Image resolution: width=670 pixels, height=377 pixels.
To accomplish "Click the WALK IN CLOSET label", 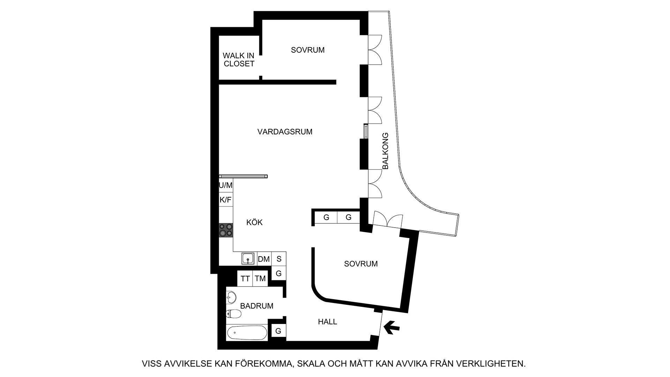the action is click(239, 60).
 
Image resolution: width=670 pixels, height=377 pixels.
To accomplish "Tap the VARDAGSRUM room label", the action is click(285, 132).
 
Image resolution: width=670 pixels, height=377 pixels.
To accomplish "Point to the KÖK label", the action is click(254, 222).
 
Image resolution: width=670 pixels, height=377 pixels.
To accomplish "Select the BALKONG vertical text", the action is click(385, 151).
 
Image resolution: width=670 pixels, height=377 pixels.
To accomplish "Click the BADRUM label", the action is click(257, 306).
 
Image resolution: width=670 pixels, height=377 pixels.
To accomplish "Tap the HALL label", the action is click(327, 321).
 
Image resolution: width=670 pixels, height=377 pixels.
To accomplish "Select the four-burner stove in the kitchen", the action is click(226, 230).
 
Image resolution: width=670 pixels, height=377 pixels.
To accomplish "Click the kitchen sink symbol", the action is click(248, 259).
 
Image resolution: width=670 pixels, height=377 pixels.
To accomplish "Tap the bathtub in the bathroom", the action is click(247, 333).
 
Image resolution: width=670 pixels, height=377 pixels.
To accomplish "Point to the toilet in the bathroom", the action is click(233, 314).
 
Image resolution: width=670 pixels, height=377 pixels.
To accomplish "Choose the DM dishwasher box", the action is click(264, 259).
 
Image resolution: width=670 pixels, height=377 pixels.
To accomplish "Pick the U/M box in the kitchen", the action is click(226, 185).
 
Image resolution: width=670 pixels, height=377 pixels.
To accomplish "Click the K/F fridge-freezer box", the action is click(226, 200).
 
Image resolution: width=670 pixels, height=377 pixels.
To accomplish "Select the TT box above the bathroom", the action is click(245, 279).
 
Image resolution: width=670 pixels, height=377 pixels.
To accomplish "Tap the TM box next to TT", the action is click(260, 279).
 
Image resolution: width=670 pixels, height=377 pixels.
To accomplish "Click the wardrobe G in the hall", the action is click(278, 331).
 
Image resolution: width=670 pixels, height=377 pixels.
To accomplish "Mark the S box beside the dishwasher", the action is click(279, 259).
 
